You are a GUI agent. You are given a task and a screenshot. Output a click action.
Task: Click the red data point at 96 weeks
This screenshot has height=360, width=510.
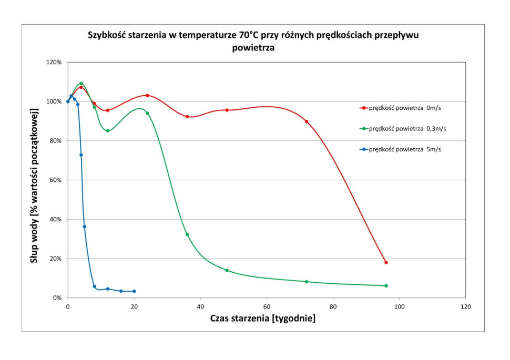tap(386, 262)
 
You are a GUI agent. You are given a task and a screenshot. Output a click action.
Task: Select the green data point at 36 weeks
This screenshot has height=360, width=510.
tap(187, 234)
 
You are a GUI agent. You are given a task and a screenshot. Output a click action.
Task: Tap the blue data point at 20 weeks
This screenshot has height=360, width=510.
tap(134, 291)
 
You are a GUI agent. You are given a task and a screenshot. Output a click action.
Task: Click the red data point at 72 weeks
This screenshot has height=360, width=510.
tap(307, 121)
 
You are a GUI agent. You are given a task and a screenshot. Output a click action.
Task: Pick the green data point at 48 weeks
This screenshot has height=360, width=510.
tap(227, 270)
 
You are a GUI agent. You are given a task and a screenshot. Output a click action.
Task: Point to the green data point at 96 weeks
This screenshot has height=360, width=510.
tap(386, 286)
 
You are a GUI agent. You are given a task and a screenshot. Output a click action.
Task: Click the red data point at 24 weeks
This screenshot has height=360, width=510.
tap(147, 95)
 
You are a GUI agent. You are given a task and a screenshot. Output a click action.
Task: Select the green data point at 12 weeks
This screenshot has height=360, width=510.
tap(108, 131)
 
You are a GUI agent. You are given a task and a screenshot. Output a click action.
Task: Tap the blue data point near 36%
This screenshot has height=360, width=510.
tap(84, 227)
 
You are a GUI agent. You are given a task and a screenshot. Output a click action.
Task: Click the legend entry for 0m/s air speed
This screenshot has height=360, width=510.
tap(404, 108)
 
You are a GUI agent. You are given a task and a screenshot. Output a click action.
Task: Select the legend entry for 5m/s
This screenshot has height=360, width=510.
tap(404, 149)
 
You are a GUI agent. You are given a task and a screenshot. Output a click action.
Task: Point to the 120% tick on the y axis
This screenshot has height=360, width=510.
tap(54, 62)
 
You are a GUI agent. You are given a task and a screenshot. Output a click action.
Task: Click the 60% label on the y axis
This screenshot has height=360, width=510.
tap(55, 180)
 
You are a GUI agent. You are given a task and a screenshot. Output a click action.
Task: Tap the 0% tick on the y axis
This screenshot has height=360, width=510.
tap(57, 298)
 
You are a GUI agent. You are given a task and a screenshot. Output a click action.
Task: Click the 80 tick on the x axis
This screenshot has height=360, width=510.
tap(333, 306)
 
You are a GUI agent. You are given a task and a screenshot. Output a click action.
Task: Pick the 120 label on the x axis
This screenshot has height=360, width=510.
tap(465, 306)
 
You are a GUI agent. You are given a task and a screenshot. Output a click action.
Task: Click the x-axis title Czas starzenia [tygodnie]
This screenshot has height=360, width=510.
tap(263, 318)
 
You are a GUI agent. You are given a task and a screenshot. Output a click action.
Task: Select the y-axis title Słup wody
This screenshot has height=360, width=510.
tap(34, 187)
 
